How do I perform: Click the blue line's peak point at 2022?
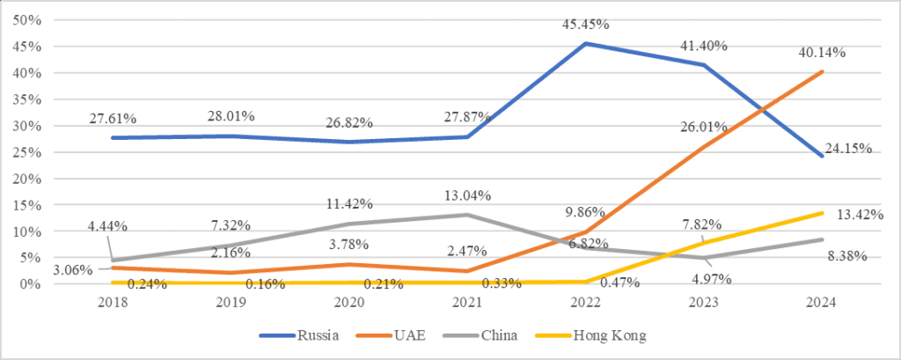coord(586,43)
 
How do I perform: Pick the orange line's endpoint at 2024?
coord(821,71)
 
